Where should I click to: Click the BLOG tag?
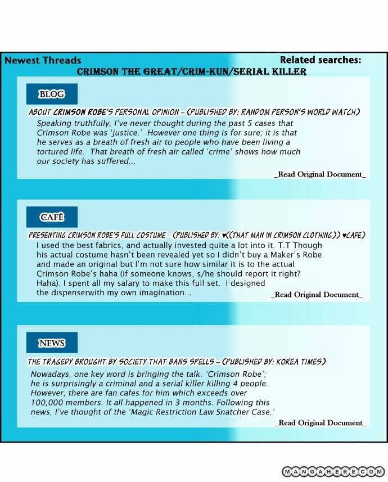coord(51,94)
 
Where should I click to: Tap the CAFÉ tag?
coord(51,217)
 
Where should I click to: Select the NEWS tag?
coord(51,343)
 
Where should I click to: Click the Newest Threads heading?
coord(43,60)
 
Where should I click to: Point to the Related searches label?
coord(321,60)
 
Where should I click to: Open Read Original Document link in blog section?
coord(320,174)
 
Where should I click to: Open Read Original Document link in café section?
coord(317,295)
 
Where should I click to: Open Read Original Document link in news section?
coord(320,423)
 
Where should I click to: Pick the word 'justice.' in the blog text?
coord(150,132)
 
